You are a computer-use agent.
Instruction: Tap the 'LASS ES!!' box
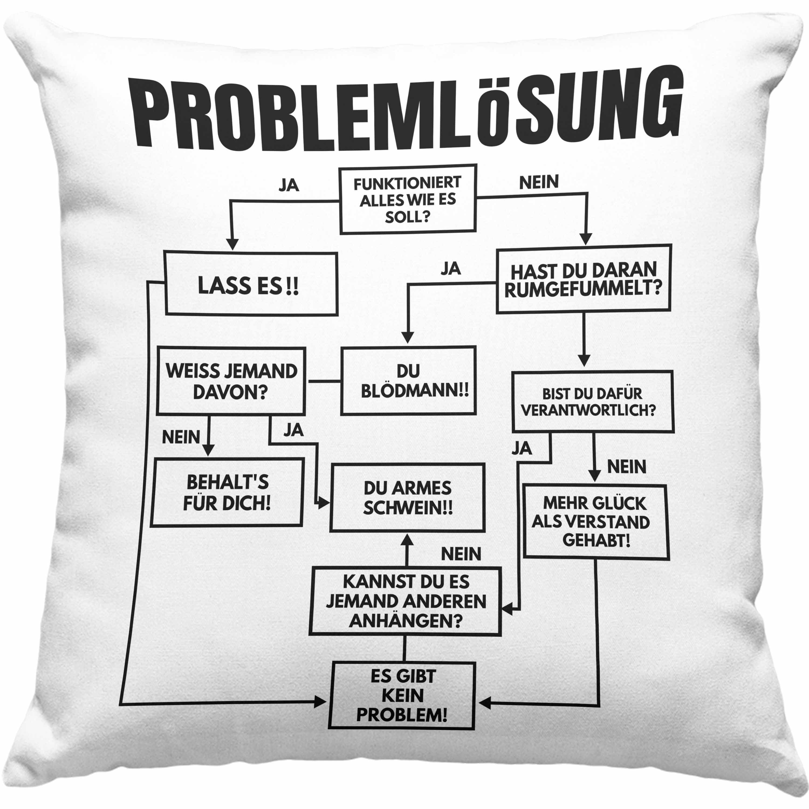pos(251,283)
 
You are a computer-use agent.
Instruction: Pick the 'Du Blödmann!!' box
pos(408,380)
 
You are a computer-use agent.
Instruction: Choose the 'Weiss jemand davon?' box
pos(231,381)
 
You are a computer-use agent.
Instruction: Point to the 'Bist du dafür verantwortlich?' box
pos(592,402)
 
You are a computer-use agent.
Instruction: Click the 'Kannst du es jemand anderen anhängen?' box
pos(405,601)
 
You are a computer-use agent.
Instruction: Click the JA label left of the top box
pos(289,185)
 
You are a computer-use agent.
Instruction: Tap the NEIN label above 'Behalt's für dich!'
pos(181,437)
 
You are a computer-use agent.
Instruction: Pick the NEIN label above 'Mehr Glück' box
pos(626,467)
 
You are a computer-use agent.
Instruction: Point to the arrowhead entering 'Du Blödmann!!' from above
pos(407,337)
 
